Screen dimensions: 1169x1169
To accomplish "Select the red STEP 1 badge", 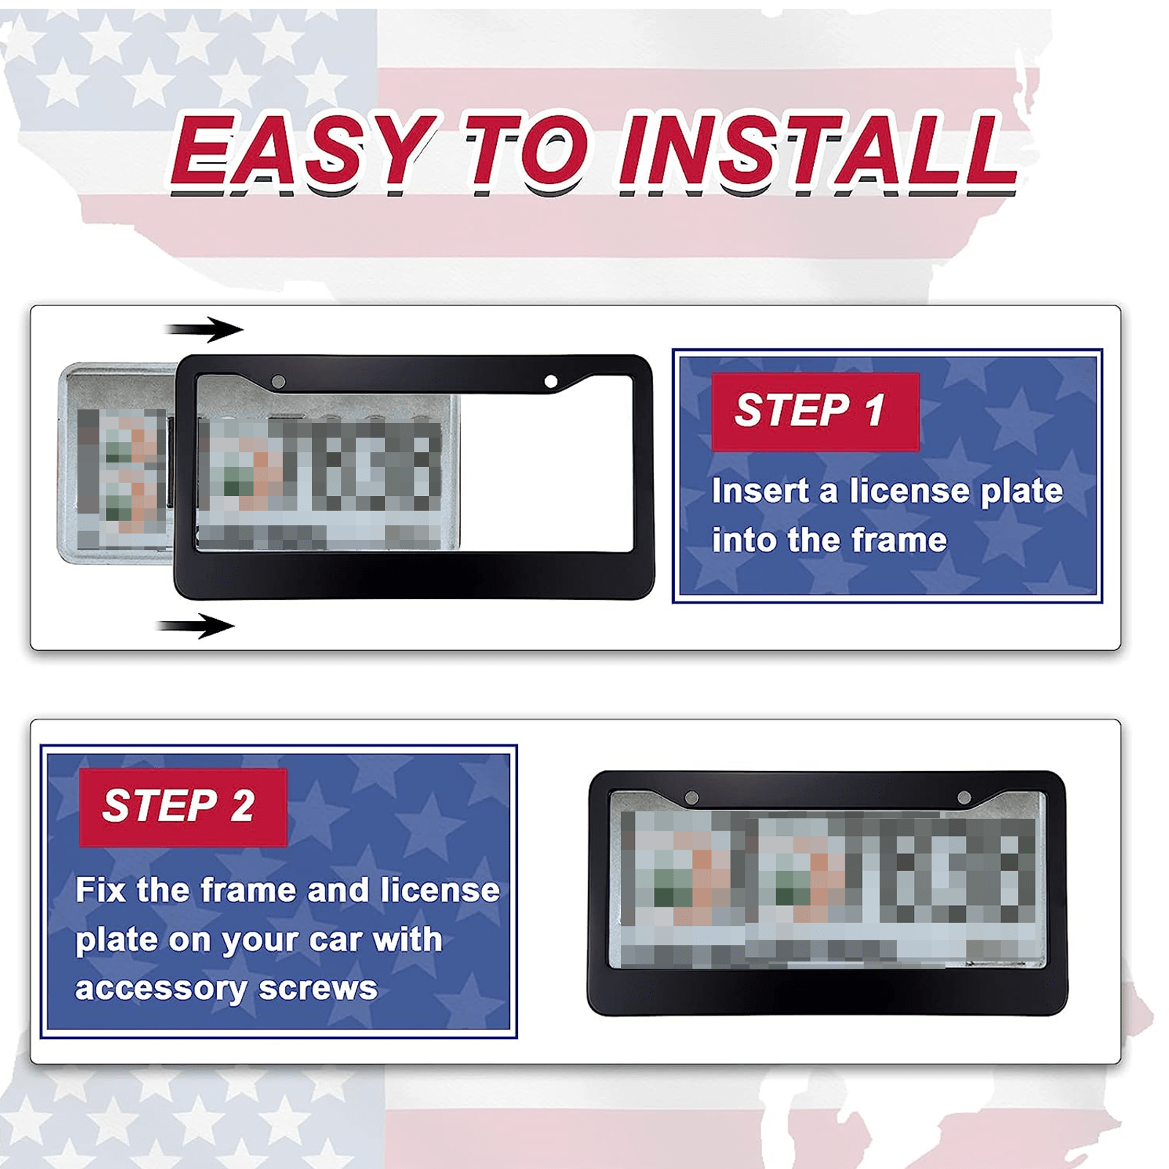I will coord(815,411).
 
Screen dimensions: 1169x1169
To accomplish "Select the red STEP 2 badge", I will coord(183,807).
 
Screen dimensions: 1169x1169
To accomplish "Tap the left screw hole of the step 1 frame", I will coord(278,381).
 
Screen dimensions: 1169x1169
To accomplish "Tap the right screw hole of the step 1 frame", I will coord(551,381).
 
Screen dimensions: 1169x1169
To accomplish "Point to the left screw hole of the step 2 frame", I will coord(691,797).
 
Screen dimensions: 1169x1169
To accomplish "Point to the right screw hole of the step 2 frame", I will coord(964,797).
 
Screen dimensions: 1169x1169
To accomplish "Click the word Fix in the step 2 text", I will coord(102,890).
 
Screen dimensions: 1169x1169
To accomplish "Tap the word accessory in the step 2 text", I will coord(161,989).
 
